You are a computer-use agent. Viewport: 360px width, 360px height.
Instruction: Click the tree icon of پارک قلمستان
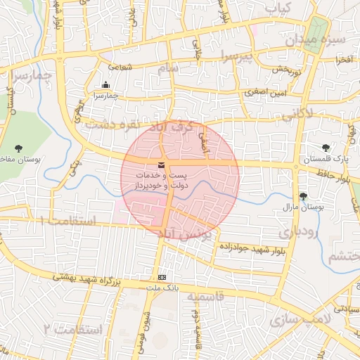326,148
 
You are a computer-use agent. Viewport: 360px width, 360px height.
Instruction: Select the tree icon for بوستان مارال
303,196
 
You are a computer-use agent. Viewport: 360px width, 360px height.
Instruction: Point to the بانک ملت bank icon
163,277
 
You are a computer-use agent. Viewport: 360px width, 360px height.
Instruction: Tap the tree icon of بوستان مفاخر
18,148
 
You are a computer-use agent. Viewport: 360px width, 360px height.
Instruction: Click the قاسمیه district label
205,297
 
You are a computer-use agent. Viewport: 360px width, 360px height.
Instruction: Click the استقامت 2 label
73,328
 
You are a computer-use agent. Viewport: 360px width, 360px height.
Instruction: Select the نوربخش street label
268,70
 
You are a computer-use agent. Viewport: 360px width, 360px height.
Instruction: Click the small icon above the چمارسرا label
106,86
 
